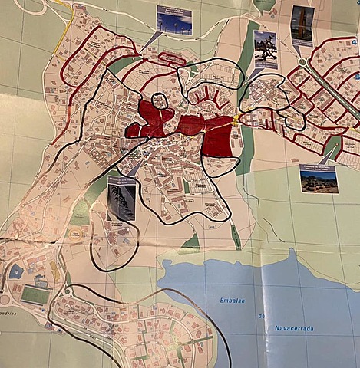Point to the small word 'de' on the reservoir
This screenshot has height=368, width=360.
pyautogui.click(x=259, y=315)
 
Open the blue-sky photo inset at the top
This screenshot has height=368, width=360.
pyautogui.click(x=174, y=20)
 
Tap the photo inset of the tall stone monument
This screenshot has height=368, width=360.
pyautogui.click(x=302, y=25)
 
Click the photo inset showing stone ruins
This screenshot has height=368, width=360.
pyautogui.click(x=319, y=179)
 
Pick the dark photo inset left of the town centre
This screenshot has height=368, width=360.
pyautogui.click(x=122, y=198)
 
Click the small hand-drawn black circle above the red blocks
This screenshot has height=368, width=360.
pyautogui.click(x=159, y=100)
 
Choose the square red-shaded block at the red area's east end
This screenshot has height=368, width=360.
pyautogui.click(x=219, y=142)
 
